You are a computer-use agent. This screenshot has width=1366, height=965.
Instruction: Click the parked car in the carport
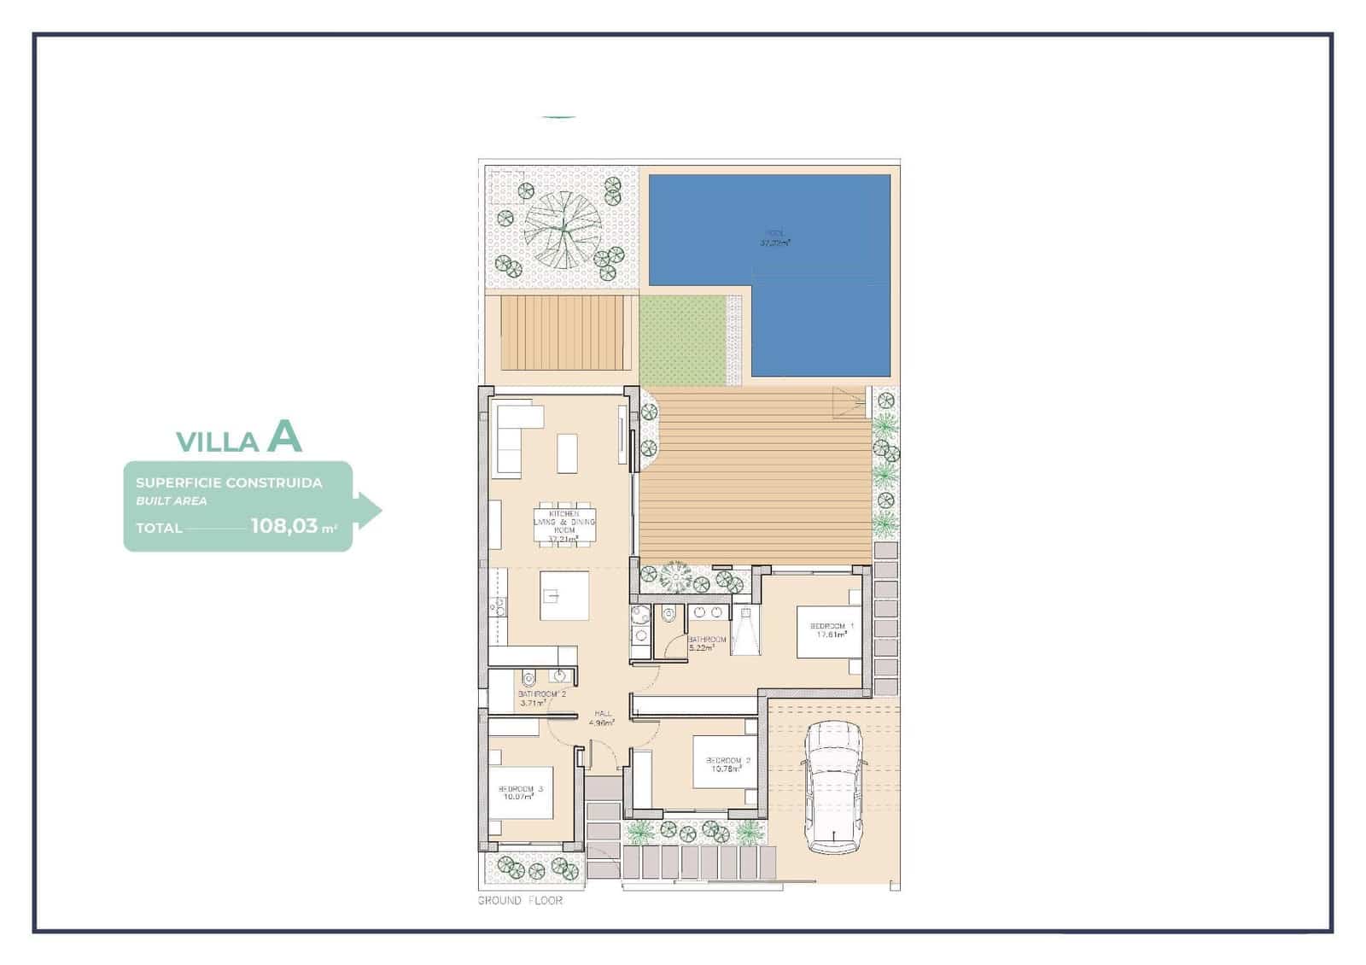834,787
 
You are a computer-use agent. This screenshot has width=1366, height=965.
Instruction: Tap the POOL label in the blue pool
774,232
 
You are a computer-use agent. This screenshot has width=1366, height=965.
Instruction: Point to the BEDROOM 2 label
727,760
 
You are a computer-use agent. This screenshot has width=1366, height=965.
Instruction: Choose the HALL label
603,713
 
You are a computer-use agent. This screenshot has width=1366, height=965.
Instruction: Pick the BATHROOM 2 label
542,694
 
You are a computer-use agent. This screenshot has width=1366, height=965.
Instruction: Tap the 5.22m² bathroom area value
701,648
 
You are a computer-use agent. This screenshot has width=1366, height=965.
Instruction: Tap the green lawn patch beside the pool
682,340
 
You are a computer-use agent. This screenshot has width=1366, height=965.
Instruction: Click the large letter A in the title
284,436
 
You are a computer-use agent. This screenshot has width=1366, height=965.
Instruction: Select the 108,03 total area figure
284,526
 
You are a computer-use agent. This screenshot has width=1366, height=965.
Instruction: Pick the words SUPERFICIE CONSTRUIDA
229,482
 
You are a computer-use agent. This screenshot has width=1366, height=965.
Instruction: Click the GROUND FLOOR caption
520,900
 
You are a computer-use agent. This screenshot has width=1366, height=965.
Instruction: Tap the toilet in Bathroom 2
528,681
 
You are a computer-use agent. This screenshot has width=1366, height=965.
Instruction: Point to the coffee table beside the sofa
567,453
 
